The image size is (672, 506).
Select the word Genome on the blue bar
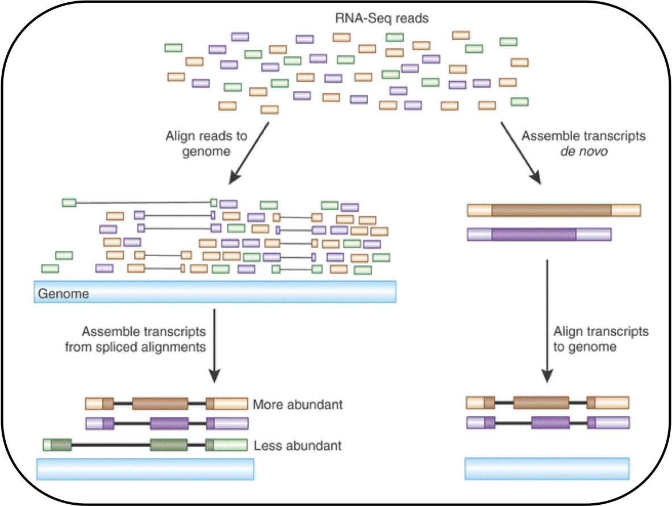coord(63,294)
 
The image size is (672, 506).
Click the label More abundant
coord(298,405)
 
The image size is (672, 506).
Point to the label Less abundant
coord(298,445)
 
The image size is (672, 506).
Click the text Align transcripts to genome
coord(600,338)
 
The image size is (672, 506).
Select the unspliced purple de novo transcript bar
coord(539,234)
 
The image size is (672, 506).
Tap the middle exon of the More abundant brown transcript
coord(160,404)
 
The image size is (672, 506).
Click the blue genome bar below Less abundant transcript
coord(145,469)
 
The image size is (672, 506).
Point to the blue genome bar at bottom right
coord(547,469)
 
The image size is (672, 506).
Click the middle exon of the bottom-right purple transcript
coord(550,423)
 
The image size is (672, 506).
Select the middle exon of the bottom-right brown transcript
coord(541,403)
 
